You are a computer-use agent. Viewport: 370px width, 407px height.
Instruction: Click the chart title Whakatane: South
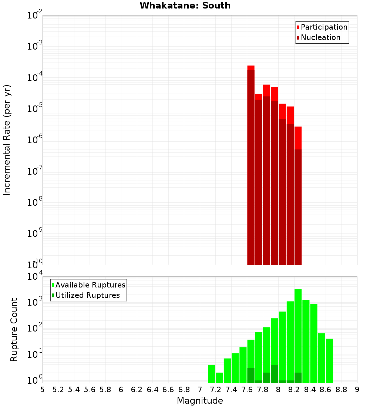pyautogui.click(x=185, y=6)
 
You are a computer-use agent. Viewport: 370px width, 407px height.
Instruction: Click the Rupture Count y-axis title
pyautogui.click(x=14, y=329)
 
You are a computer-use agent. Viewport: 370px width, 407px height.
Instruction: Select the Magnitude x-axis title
pyautogui.click(x=200, y=400)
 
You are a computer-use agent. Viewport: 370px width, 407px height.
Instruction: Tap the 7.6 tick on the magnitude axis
pyautogui.click(x=247, y=390)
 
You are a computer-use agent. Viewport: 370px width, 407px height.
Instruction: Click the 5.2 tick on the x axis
pyautogui.click(x=58, y=390)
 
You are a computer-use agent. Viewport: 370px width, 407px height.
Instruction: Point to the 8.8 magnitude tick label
pyautogui.click(x=341, y=390)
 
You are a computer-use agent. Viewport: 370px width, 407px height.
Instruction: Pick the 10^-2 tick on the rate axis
pyautogui.click(x=35, y=16)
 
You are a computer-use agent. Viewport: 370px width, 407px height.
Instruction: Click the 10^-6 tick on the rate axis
pyautogui.click(x=35, y=140)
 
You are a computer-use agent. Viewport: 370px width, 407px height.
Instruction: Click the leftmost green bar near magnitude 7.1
pyautogui.click(x=211, y=374)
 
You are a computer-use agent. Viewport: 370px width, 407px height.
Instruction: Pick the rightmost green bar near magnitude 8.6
pyautogui.click(x=329, y=361)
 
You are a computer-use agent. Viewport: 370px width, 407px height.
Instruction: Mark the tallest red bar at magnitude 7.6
pyautogui.click(x=251, y=166)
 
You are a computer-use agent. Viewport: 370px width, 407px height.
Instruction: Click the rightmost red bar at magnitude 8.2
pyautogui.click(x=298, y=196)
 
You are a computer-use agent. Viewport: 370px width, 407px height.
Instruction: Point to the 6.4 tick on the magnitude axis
pyautogui.click(x=152, y=390)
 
